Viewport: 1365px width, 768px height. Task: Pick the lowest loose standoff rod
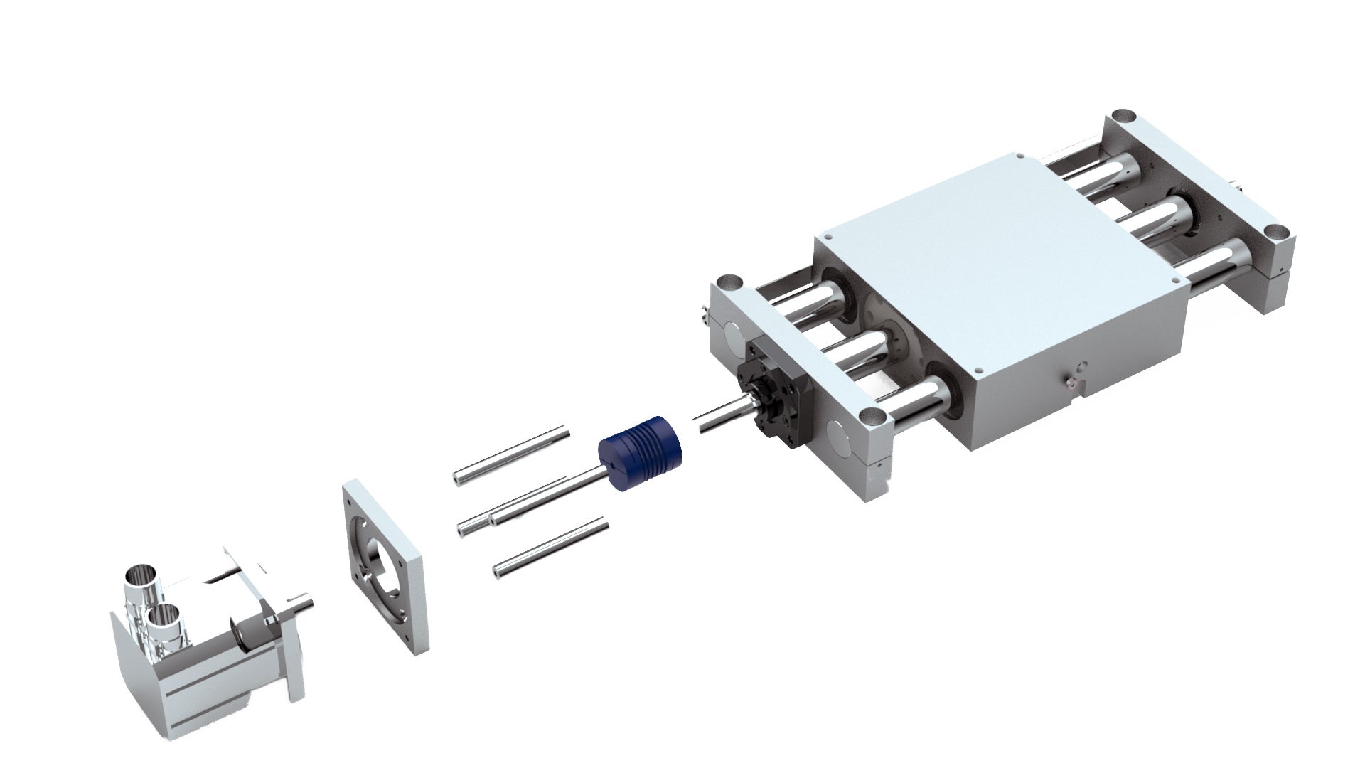click(551, 548)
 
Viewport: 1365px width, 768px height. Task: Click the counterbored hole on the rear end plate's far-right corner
click(1277, 232)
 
